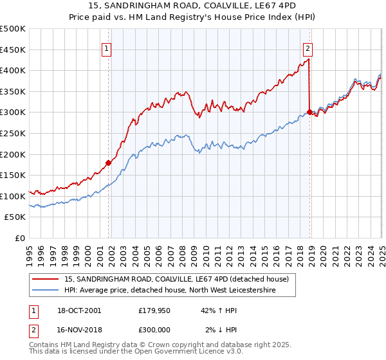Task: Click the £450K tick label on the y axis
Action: tap(12, 50)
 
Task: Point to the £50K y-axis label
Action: tap(15, 217)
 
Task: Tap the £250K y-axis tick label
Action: tap(12, 133)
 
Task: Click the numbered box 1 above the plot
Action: tap(106, 47)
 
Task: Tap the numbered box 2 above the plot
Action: tap(308, 47)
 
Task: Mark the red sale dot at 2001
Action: tap(108, 163)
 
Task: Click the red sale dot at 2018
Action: tap(309, 112)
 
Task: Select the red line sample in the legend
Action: tap(46, 279)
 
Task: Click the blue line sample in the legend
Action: tap(46, 291)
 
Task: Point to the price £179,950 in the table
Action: tap(153, 310)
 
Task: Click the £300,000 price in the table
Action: tap(153, 329)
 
